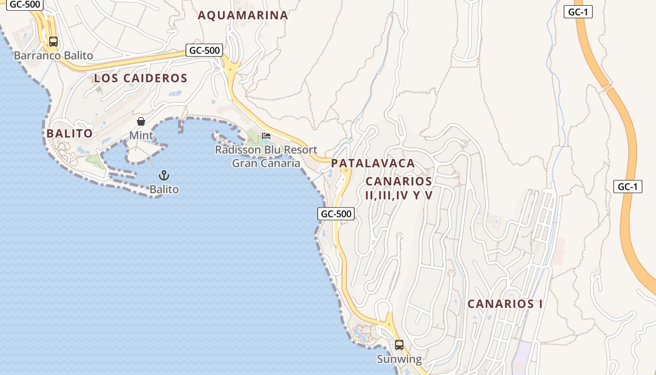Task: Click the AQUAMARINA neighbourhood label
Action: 243,15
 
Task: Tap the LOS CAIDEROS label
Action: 141,78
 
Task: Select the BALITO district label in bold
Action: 69,134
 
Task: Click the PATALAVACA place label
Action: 373,164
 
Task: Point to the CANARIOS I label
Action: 505,304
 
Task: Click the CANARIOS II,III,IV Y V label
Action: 399,188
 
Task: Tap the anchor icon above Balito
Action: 164,176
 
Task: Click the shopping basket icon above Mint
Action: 141,122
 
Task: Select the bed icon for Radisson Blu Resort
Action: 266,136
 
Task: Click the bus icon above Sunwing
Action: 399,345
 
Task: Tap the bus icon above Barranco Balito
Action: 53,41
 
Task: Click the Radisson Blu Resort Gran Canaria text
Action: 266,157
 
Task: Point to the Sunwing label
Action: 399,360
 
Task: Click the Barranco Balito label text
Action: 53,56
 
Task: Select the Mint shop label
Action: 141,136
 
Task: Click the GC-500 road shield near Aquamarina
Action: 204,50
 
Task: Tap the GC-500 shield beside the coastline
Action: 336,214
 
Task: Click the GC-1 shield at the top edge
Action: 578,12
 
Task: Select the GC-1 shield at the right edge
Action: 627,187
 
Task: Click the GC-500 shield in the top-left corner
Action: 25,4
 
